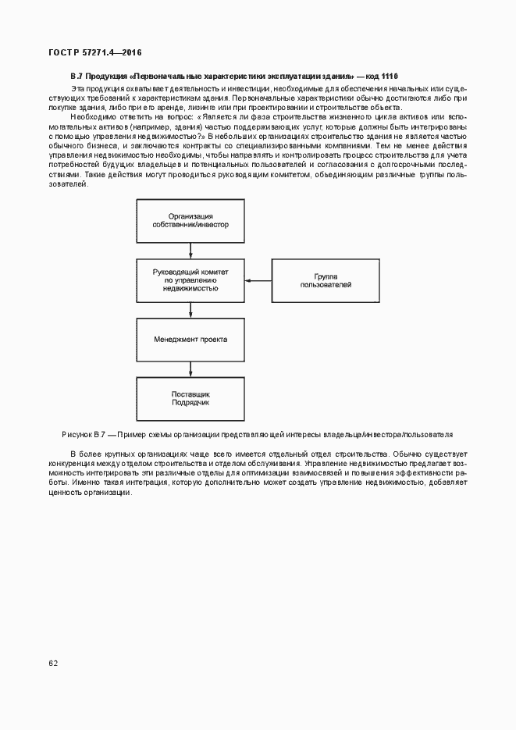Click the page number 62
53,663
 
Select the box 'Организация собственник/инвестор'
190,220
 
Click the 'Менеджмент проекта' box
190,340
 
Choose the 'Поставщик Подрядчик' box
190,399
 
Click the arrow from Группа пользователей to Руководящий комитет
258,281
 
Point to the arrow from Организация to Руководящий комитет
190,251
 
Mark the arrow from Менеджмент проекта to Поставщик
190,369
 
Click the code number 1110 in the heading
390,76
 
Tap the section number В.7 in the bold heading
76,76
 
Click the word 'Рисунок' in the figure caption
77,434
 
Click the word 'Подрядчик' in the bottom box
190,403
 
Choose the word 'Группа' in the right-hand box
326,276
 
